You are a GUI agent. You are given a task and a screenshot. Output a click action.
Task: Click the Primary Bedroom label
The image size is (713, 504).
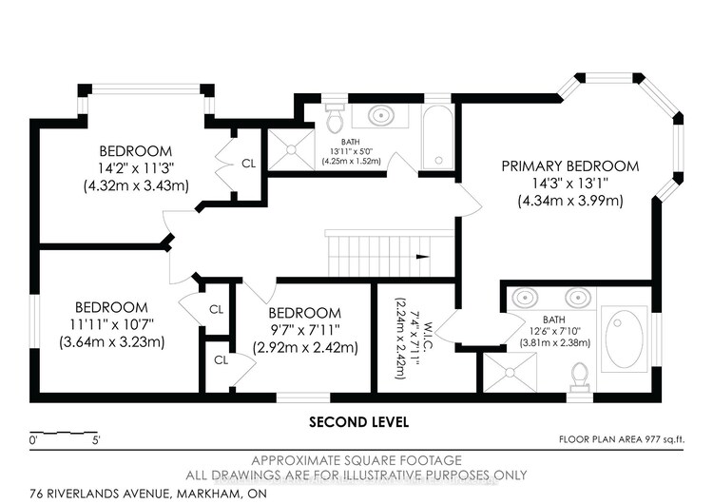click(x=570, y=166)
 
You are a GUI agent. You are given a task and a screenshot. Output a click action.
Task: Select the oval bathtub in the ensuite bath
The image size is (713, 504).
click(x=625, y=339)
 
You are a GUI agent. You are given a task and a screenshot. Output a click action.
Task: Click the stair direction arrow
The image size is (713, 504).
click(x=423, y=257)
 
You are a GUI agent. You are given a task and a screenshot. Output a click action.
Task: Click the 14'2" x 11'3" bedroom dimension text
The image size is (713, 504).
click(x=136, y=168)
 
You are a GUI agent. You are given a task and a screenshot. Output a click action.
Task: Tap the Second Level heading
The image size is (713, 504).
click(x=358, y=422)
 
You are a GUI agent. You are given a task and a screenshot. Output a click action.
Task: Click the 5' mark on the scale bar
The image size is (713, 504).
click(x=96, y=440)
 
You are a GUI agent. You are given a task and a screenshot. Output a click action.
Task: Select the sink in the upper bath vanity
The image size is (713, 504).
click(x=380, y=115)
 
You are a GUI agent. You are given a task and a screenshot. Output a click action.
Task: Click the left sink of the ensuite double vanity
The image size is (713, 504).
click(x=526, y=298)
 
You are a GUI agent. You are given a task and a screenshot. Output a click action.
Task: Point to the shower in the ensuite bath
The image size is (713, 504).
click(x=510, y=373)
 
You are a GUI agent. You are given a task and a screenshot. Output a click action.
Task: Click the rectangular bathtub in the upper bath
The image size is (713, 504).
click(x=438, y=138)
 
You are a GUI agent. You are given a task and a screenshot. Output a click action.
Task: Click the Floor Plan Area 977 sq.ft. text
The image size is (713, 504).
click(x=621, y=439)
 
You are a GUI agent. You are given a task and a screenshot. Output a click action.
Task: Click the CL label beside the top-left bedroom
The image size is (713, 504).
click(x=248, y=164)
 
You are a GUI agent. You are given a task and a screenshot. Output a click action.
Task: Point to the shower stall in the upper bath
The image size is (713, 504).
click(x=291, y=149)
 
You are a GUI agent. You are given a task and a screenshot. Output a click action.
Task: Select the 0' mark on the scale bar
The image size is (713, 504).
click(x=32, y=440)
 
